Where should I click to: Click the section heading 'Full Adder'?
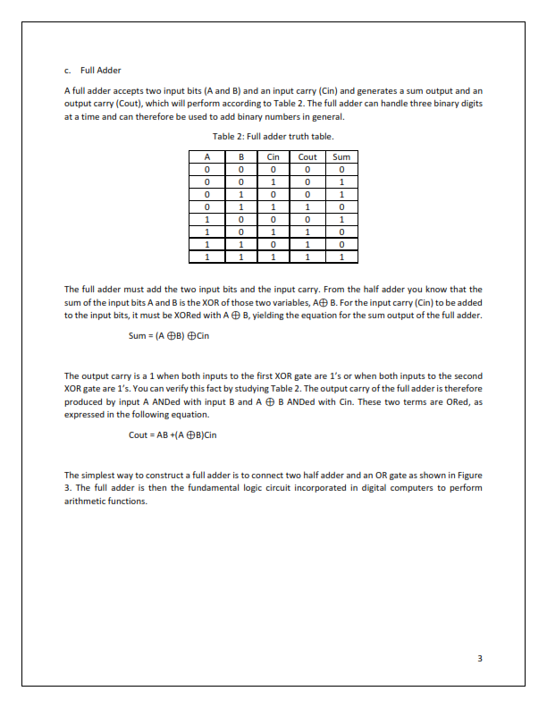100,70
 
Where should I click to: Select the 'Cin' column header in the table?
273,156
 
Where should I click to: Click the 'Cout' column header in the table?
307,156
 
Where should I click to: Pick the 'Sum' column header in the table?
341,156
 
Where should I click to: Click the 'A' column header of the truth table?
206,156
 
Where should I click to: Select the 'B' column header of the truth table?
240,156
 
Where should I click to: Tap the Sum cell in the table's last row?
341,257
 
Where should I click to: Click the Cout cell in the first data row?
307,169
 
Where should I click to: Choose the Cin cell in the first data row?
273,169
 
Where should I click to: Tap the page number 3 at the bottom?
480,659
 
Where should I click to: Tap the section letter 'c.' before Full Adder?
68,70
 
